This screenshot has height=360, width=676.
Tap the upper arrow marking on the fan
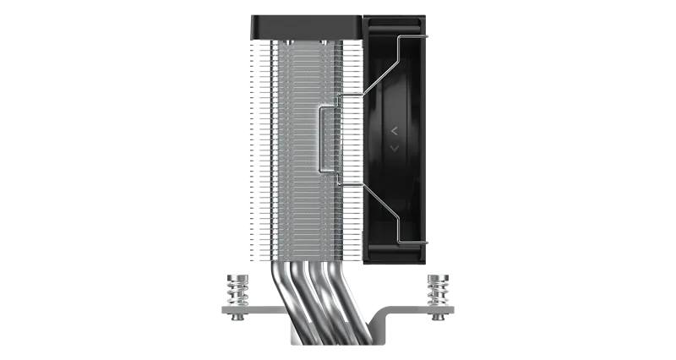(395, 130)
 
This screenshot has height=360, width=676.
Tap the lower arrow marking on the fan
(395, 148)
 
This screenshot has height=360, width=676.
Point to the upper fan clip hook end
(429, 36)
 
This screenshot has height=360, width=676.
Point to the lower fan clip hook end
(429, 242)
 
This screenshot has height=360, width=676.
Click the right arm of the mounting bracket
(414, 319)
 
